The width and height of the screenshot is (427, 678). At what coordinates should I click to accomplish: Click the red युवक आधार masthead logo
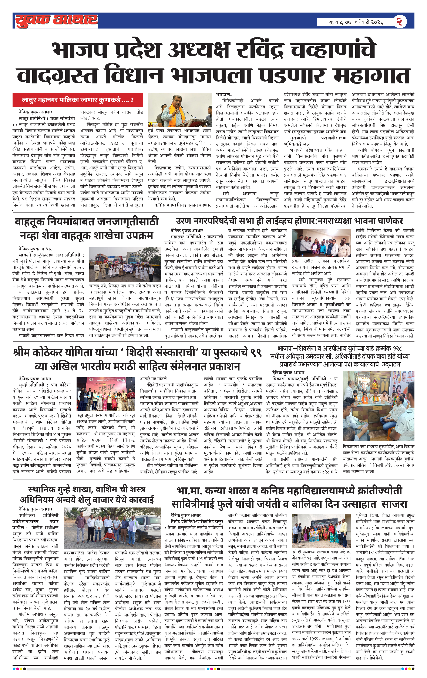click(56, 21)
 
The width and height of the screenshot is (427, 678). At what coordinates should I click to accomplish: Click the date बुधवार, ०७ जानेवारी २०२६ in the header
click(356, 22)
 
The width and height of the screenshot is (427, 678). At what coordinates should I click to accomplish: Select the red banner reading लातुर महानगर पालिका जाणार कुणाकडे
click(77, 100)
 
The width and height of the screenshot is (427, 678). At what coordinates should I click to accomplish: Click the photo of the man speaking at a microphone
click(179, 110)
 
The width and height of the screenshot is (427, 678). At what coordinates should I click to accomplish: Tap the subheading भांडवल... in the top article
click(225, 95)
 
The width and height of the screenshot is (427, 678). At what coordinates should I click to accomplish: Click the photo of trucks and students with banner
click(125, 264)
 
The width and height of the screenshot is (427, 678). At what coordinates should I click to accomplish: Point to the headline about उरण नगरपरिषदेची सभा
click(289, 221)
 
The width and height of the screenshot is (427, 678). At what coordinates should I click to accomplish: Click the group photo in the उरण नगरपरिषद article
click(321, 243)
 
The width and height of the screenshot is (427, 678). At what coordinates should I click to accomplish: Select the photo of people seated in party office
click(378, 406)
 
